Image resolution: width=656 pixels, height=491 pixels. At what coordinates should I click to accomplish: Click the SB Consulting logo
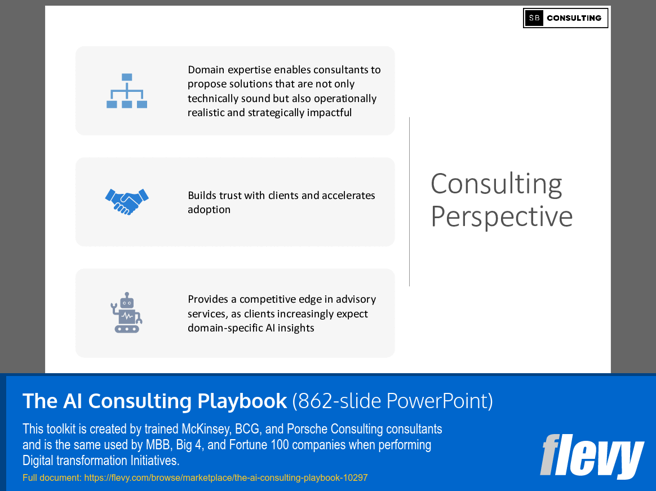[565, 18]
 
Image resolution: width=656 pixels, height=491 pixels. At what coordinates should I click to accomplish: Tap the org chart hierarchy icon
[127, 91]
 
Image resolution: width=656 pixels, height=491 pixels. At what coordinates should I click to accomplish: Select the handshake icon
[127, 202]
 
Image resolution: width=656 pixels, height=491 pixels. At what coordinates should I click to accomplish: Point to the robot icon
[126, 312]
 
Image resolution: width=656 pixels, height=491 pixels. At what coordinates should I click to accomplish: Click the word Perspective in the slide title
[502, 216]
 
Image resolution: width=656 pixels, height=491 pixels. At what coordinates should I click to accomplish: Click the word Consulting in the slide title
[496, 184]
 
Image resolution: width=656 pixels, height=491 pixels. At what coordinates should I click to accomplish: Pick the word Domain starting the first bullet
[206, 70]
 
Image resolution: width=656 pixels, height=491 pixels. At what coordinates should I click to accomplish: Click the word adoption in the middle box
[209, 210]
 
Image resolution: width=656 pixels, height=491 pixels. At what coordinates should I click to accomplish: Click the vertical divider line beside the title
[410, 201]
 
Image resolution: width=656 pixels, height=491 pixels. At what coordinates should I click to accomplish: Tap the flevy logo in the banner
[591, 456]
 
